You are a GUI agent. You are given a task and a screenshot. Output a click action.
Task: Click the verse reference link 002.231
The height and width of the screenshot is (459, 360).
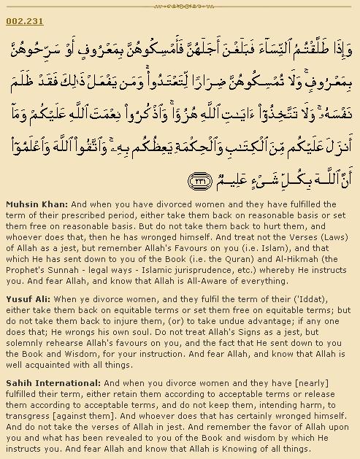pyautogui.click(x=20, y=21)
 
